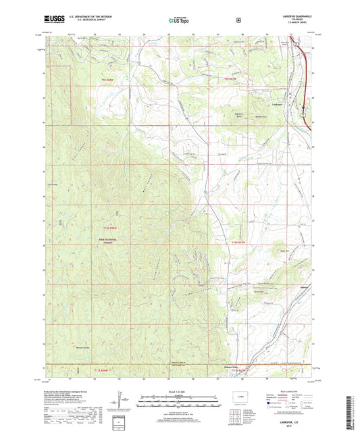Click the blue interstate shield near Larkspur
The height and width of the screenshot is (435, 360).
304,105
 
